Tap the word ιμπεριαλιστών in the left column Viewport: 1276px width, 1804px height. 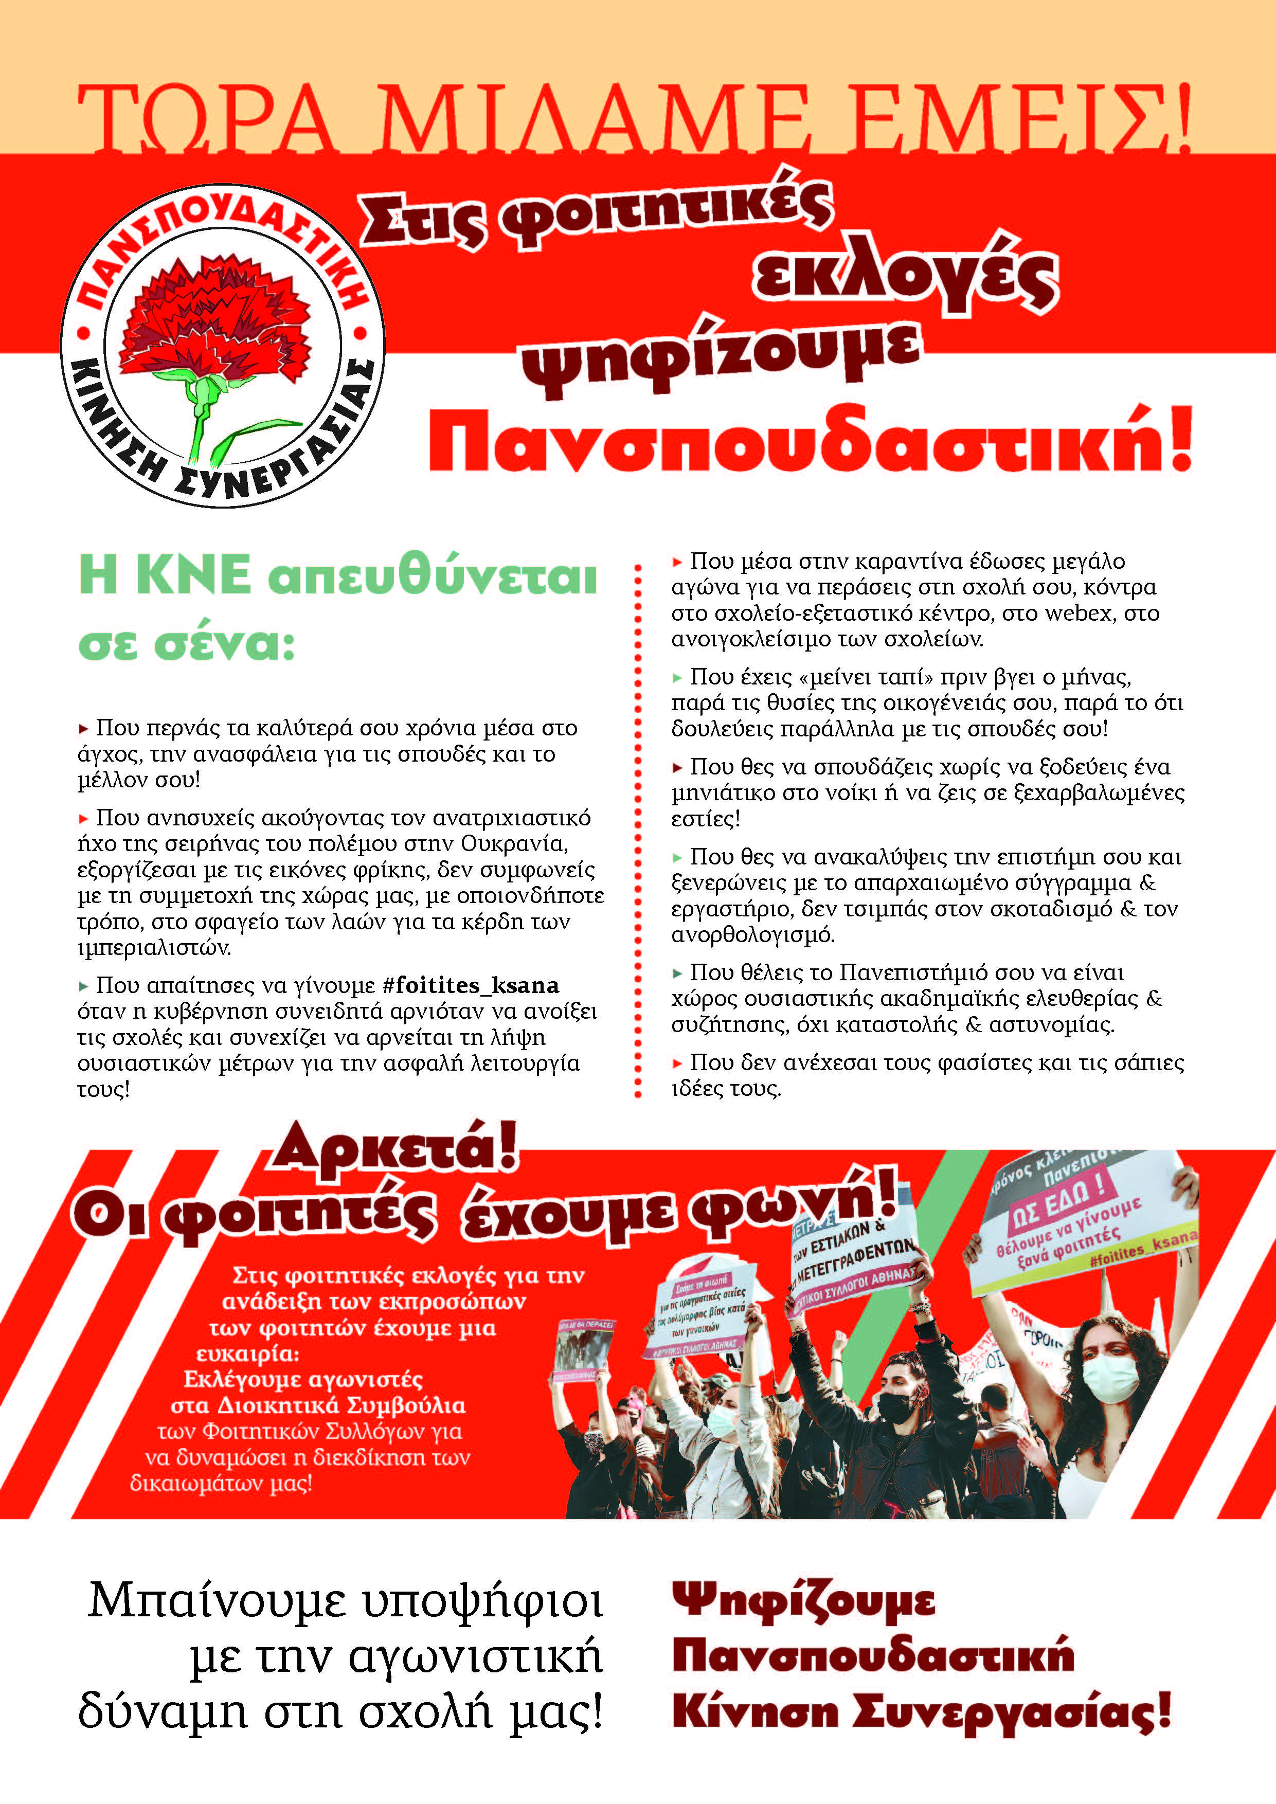click(x=154, y=948)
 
